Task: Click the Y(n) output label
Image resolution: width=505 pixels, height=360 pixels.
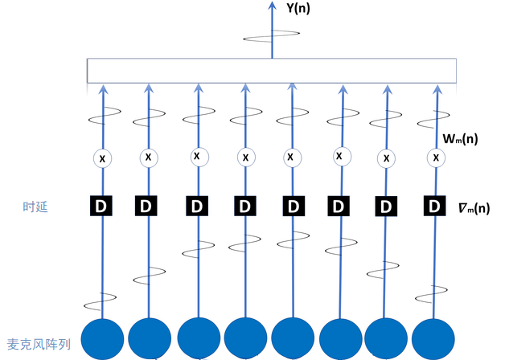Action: pyautogui.click(x=297, y=10)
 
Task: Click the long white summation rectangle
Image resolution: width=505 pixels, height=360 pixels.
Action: pyautogui.click(x=271, y=71)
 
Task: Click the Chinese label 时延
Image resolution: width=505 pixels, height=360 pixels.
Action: pyautogui.click(x=35, y=207)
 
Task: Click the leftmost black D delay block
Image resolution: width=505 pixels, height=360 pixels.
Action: pyautogui.click(x=101, y=207)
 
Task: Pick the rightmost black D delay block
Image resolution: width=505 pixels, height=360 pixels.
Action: pyautogui.click(x=435, y=207)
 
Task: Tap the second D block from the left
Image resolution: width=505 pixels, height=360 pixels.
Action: pyautogui.click(x=146, y=207)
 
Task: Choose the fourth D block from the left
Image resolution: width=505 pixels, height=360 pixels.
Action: pyautogui.click(x=244, y=207)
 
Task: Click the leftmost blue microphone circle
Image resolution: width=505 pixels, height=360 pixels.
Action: pyautogui.click(x=102, y=337)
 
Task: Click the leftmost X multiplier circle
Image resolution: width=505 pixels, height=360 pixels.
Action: pyautogui.click(x=101, y=159)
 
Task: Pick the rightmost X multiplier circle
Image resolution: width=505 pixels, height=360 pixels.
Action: pyautogui.click(x=436, y=158)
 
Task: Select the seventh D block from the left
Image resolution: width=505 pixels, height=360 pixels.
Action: pyautogui.click(x=386, y=207)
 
